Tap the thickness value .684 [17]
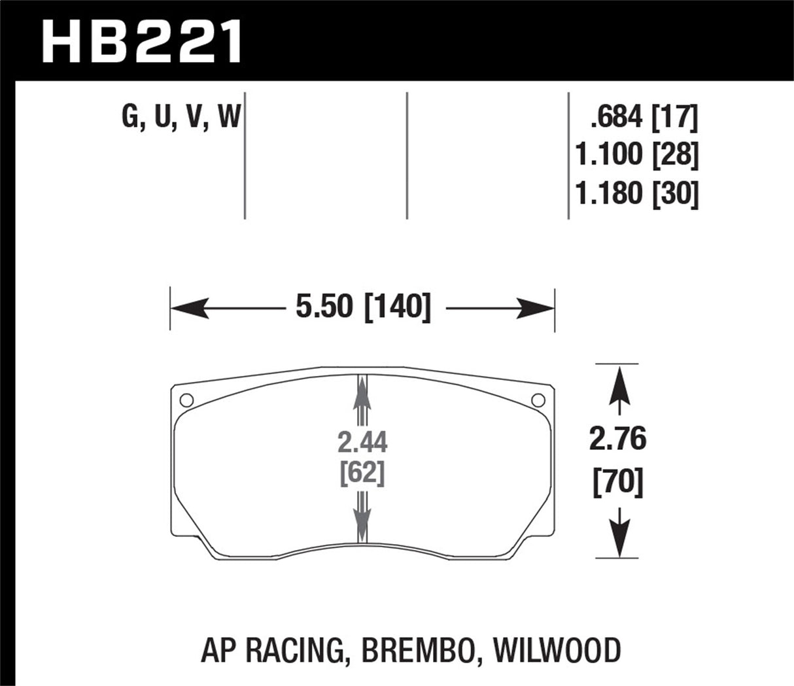click(x=644, y=118)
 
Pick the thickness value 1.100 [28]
click(x=636, y=156)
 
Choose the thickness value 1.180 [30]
click(x=636, y=194)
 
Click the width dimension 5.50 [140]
click(x=363, y=307)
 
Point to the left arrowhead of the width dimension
click(x=190, y=307)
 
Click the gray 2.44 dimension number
click(x=363, y=443)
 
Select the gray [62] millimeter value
click(x=363, y=473)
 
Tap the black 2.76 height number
click(x=617, y=439)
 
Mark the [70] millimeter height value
click(x=617, y=484)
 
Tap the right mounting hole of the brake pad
click(x=539, y=400)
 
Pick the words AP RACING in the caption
click(x=269, y=651)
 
